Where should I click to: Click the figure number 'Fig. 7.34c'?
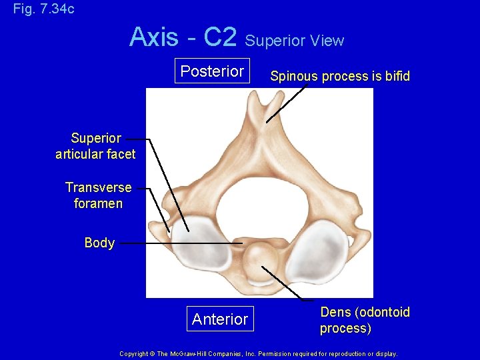[x=44, y=9]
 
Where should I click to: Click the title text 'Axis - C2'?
[x=183, y=37]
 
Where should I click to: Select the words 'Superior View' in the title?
[x=294, y=41]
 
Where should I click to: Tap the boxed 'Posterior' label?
[x=212, y=71]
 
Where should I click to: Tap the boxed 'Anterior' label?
[x=219, y=319]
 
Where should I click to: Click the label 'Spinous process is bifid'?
[x=339, y=77]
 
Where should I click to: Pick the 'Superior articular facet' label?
[x=96, y=146]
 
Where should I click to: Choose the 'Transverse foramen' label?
[x=98, y=195]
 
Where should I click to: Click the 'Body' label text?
[x=99, y=243]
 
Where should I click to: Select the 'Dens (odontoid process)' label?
[x=365, y=320]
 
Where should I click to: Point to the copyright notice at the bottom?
[x=258, y=354]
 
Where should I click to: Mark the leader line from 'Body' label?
[x=180, y=244]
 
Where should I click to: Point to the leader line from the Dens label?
[x=287, y=284]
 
